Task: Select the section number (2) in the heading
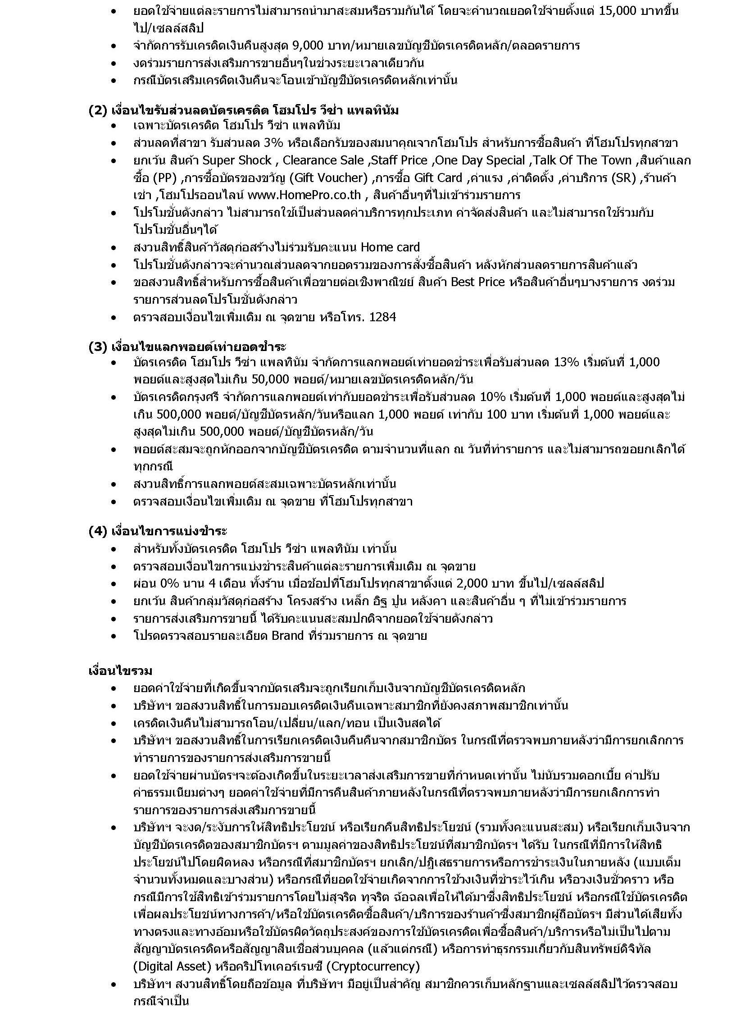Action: (97, 110)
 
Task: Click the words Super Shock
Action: (237, 160)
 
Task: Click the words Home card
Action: (390, 247)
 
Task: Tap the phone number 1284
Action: (382, 317)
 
